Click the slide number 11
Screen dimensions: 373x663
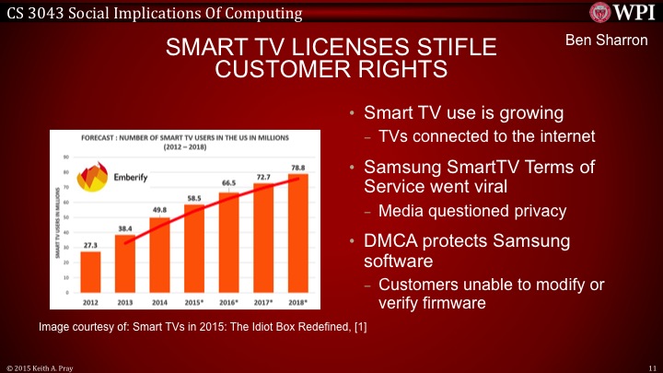click(x=651, y=367)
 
